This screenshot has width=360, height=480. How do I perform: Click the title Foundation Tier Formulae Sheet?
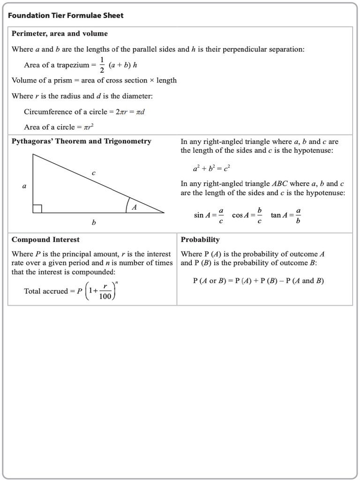[x=66, y=15]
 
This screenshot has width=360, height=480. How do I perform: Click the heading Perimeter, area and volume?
[x=60, y=34]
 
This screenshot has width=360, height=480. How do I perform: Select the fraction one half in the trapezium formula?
[x=102, y=65]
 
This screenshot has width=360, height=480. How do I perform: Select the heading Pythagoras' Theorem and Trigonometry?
[x=81, y=141]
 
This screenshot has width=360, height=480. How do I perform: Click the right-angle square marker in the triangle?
[x=37, y=209]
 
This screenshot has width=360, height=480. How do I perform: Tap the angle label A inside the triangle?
[x=134, y=207]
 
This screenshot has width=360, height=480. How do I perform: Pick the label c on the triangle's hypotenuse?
[x=94, y=173]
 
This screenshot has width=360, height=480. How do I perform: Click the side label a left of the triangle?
[x=24, y=186]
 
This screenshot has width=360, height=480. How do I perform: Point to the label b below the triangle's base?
[x=94, y=223]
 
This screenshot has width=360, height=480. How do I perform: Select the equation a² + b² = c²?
[x=211, y=168]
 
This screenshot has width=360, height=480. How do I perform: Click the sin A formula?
[x=209, y=215]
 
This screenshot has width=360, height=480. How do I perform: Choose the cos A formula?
[x=247, y=215]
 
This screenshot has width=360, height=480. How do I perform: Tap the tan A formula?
[x=286, y=215]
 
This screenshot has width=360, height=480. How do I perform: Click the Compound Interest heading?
[x=45, y=240]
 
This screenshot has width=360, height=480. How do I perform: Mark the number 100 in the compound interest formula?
[x=105, y=296]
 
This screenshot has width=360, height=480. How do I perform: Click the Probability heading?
[x=200, y=240]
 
